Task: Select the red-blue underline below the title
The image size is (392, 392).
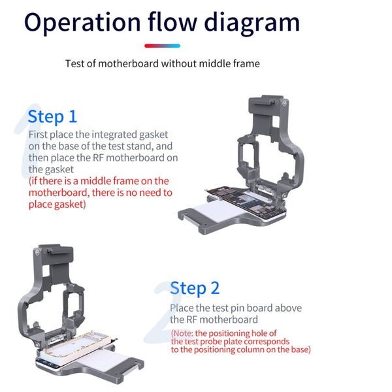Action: pos(162,46)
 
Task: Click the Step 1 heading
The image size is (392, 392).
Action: pos(52,116)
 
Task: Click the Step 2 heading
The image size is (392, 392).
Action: pos(195,287)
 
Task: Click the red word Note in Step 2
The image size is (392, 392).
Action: pos(185,333)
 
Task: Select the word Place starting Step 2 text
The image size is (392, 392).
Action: pos(182,308)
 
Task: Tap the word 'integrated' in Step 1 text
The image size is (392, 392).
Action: pos(112,134)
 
